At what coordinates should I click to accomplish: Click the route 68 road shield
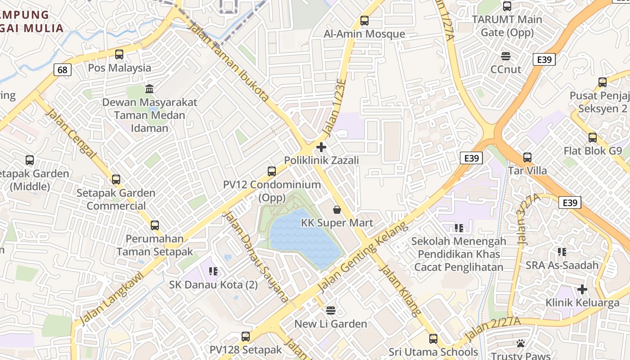pos(63,70)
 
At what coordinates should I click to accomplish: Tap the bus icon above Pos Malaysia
pos(119,54)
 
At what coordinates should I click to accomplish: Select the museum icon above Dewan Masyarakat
pos(149,88)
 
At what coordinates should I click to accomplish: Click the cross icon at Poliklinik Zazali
pos(321,147)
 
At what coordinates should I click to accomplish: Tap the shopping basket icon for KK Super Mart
pos(337,210)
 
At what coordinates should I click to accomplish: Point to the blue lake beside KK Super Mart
pos(301,238)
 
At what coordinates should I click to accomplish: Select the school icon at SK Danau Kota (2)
pos(213,271)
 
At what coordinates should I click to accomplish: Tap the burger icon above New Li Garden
pos(331,310)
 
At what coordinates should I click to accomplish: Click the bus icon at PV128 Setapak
pos(246,336)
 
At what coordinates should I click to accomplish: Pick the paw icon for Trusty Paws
pos(521,343)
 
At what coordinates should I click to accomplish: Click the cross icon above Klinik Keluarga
pos(582,289)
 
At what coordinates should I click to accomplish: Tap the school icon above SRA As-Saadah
pos(562,252)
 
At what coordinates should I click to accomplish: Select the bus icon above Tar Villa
pos(527,157)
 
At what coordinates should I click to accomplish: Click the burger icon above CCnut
pos(506,56)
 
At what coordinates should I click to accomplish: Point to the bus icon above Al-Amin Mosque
pos(364,21)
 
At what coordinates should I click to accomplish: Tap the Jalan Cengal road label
pos(71,133)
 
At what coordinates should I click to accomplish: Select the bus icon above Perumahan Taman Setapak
pos(155,225)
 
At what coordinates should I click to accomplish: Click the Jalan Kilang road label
pos(400,290)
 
